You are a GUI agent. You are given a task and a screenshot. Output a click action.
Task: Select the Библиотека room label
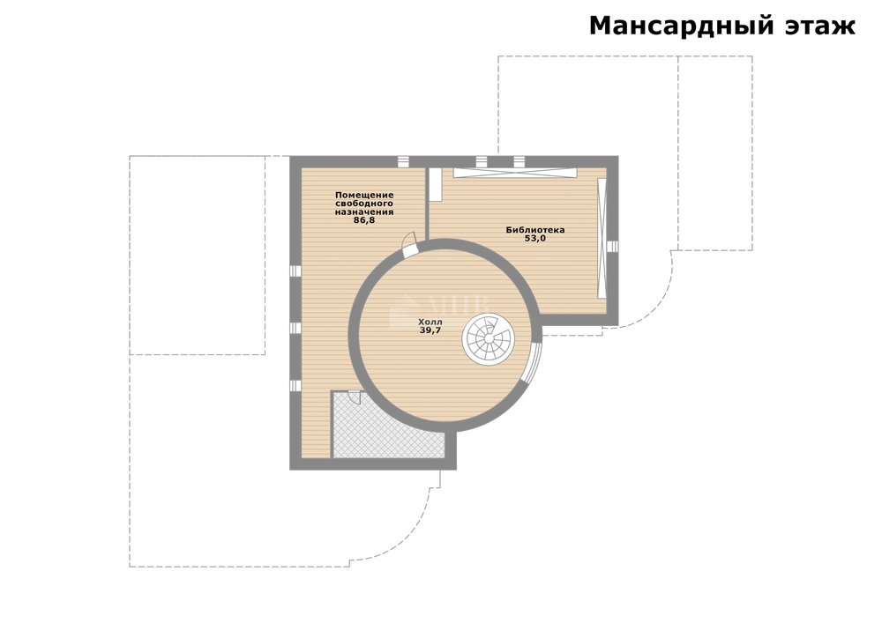coord(535,230)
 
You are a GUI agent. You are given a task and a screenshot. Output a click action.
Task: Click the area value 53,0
coord(535,238)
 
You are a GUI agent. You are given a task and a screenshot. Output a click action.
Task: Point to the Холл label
coord(430,323)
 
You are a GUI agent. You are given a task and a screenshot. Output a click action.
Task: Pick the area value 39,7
coord(430,330)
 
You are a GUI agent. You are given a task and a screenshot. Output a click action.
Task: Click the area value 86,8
coord(364,221)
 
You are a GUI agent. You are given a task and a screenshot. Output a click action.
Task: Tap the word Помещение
coord(364,195)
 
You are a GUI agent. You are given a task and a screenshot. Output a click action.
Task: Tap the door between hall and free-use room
coord(409,246)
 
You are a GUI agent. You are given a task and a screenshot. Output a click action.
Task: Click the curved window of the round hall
coord(534,361)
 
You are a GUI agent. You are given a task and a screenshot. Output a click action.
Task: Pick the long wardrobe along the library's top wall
coord(515,173)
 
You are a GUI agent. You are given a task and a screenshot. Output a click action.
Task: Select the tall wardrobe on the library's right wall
coord(602,238)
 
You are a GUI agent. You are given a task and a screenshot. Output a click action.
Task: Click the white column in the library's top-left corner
coord(435,183)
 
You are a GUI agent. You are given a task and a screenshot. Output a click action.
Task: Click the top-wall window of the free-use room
coord(403,162)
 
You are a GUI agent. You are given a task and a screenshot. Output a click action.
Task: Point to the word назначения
coord(364,212)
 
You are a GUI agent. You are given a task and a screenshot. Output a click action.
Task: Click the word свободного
coord(364,204)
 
